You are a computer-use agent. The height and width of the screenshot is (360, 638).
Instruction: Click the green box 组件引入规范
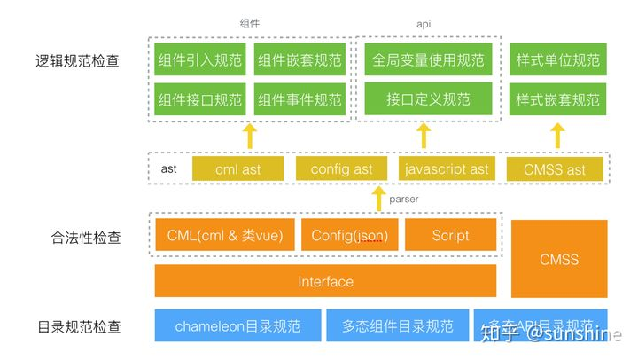[x=199, y=60]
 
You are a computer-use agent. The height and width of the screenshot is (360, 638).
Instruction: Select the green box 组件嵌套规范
[x=300, y=60]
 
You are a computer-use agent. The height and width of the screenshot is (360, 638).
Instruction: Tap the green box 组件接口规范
[x=199, y=100]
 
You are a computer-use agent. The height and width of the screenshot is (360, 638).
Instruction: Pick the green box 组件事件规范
[x=300, y=100]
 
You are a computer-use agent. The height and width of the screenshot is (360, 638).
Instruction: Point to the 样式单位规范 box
[x=557, y=60]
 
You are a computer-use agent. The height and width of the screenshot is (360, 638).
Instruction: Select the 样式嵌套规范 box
[x=557, y=99]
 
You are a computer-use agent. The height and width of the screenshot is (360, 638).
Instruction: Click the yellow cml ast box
[x=237, y=168]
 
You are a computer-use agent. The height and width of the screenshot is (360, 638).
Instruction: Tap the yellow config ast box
[x=342, y=168]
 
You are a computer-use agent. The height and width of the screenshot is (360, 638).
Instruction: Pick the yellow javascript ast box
[x=445, y=168]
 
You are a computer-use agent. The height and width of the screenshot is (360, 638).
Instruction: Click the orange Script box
[x=451, y=236]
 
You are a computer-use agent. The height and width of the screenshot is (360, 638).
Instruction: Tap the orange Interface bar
[x=325, y=281]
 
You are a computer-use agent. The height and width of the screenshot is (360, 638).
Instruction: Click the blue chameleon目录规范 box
[x=237, y=325]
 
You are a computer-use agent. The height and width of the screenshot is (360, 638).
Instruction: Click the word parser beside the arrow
[x=403, y=199]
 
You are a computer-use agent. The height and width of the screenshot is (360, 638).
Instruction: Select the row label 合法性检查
[x=86, y=237]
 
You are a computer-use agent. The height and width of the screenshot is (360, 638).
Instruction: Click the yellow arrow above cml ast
[x=249, y=136]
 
